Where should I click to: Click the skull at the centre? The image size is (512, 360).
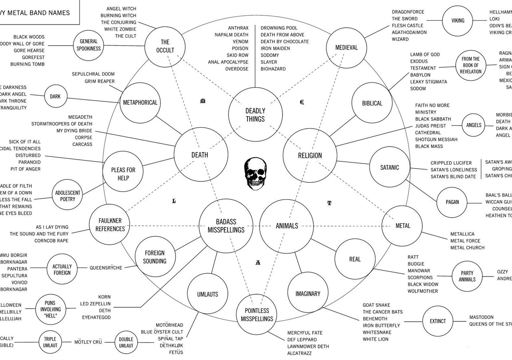(x=255, y=173)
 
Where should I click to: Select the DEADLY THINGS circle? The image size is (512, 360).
(x=255, y=115)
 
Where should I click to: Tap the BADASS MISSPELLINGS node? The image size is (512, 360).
(x=226, y=226)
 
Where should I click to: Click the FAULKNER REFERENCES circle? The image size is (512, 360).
(x=110, y=225)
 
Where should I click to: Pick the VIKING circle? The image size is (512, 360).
(x=458, y=20)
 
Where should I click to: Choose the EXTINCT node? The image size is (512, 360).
(x=438, y=321)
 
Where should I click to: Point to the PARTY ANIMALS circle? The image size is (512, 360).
(x=467, y=276)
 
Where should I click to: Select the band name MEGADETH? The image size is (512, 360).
(x=80, y=117)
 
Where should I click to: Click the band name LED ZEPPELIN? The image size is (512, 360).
(x=95, y=304)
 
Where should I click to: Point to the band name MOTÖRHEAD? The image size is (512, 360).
(x=169, y=325)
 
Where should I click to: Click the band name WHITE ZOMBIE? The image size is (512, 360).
(x=120, y=29)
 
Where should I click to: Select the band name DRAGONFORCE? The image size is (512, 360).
(x=408, y=12)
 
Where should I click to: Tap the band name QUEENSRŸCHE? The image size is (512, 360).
(x=106, y=268)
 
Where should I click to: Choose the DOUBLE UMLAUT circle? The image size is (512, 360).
(x=126, y=342)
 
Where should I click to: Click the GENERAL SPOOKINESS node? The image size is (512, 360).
(x=88, y=45)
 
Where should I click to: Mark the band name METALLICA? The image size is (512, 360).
(x=462, y=234)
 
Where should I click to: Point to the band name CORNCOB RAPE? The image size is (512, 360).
(x=51, y=241)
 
